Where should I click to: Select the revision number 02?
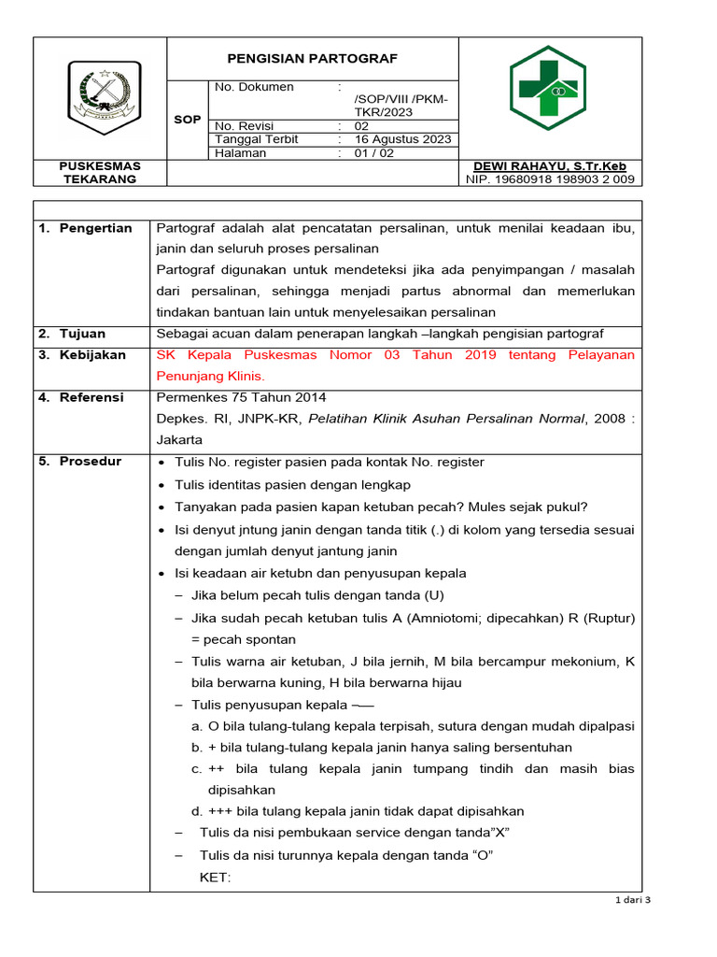pyautogui.click(x=361, y=125)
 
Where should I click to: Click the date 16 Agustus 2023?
pyautogui.click(x=402, y=139)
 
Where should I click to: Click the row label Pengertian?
pyautogui.click(x=95, y=228)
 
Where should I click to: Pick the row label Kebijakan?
pyautogui.click(x=91, y=355)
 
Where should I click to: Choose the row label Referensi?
pyautogui.click(x=91, y=397)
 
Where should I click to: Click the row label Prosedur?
pyautogui.click(x=89, y=462)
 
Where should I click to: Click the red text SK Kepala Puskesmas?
pyautogui.click(x=237, y=355)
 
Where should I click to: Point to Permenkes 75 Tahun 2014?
pyautogui.click(x=241, y=397)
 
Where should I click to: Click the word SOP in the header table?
pyautogui.click(x=187, y=121)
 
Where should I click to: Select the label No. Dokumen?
pyautogui.click(x=254, y=87)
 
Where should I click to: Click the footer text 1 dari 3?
pyautogui.click(x=632, y=899)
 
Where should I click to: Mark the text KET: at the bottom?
pyautogui.click(x=215, y=878)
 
